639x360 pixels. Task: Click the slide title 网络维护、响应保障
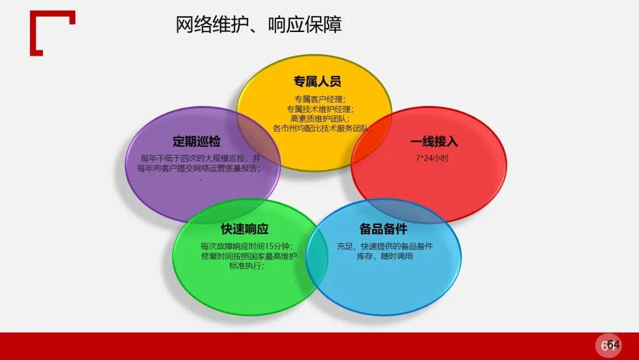259,25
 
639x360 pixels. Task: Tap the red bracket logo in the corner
52,33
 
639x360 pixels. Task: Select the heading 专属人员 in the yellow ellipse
317,82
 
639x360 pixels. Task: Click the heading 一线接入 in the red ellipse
434,142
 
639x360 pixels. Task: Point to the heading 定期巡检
196,142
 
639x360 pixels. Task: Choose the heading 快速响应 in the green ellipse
244,229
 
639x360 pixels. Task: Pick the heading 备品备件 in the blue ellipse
383,229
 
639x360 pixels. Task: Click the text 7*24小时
433,158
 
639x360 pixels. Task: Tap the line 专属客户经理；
320,99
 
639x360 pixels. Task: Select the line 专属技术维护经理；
320,109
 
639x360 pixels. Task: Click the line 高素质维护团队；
320,118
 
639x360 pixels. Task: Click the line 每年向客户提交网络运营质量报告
201,168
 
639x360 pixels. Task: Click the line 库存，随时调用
385,256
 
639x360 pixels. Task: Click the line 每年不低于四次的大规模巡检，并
201,158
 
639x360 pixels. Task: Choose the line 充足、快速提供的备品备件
385,246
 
